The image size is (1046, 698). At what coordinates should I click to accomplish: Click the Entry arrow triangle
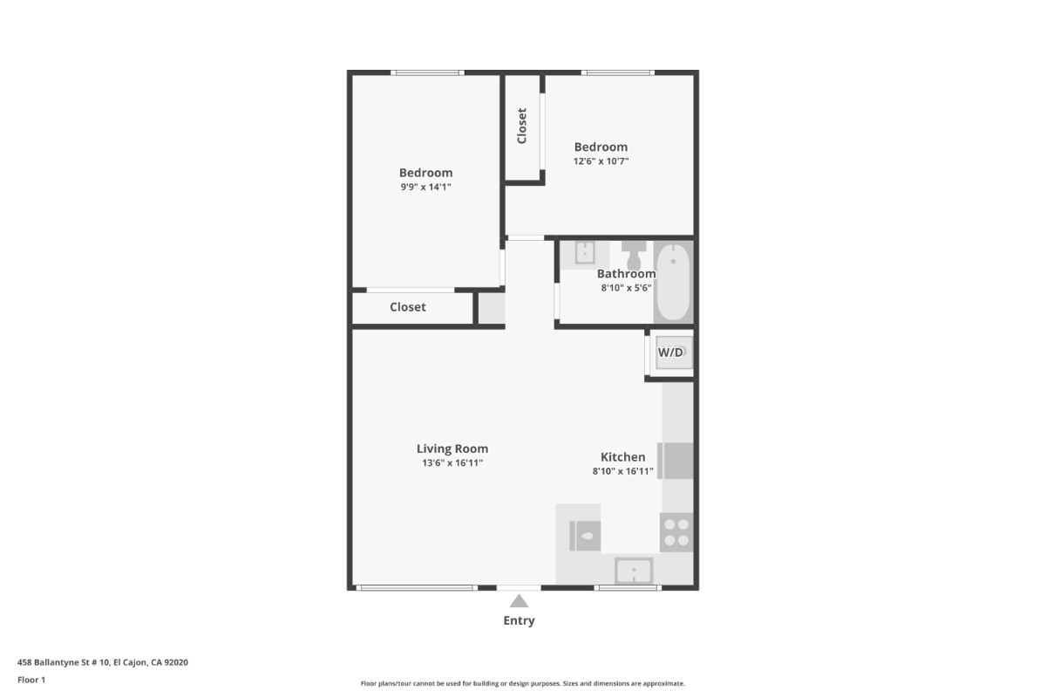pos(519,601)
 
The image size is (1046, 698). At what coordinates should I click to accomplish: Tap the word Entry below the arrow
pos(519,621)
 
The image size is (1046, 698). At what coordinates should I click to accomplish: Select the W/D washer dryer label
pos(670,352)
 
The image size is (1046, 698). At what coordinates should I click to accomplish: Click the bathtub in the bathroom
pos(673,282)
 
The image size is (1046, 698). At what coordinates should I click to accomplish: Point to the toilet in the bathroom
pos(634,255)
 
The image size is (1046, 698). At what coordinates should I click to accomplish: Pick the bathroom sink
pos(585,253)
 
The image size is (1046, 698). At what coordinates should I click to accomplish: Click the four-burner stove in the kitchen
pos(676,532)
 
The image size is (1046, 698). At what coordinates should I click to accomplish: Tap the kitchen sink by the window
pos(634,571)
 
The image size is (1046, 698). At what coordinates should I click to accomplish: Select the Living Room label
pos(452,448)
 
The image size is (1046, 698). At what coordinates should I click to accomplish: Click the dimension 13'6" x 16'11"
pos(452,462)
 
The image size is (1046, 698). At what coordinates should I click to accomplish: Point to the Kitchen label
pos(623,457)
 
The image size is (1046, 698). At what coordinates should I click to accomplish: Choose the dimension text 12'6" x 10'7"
pos(601,161)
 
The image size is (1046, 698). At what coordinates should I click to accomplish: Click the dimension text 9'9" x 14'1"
pos(426,187)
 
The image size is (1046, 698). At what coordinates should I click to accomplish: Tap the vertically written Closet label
pos(522,126)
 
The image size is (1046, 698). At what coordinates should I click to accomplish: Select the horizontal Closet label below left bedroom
pos(408,307)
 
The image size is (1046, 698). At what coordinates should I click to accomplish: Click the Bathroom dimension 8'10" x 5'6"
pos(626,288)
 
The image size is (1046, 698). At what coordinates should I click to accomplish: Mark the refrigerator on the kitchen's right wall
pos(676,461)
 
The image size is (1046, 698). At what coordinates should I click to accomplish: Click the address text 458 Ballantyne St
pos(53,662)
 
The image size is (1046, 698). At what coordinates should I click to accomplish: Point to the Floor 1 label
pos(31,680)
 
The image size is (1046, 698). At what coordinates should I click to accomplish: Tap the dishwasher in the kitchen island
pos(585,536)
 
